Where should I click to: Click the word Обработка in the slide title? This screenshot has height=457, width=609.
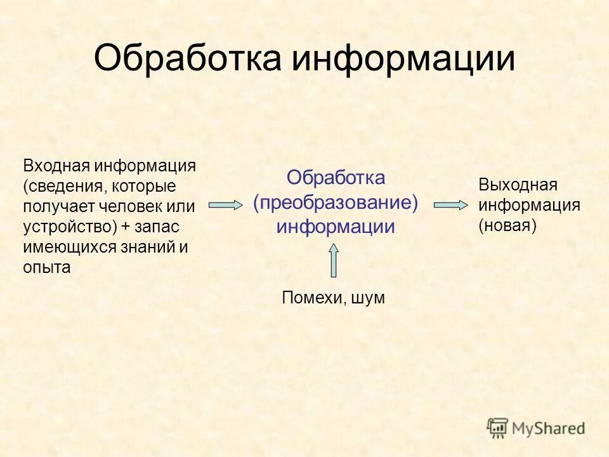pos(187,59)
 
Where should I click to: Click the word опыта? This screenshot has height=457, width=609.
pos(47,268)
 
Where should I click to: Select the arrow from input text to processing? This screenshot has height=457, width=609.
pos(225,204)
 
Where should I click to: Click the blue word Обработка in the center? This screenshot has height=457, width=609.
pos(336,178)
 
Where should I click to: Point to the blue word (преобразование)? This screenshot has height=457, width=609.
pos(336,202)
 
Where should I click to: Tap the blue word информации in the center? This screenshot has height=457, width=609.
pos(336,227)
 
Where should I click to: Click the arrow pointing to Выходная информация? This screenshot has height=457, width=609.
pos(450,204)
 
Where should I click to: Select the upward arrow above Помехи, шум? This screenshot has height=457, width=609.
pos(334,260)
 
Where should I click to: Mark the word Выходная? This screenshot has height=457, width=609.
pos(518,185)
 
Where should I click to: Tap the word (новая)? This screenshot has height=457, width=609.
pos(507,225)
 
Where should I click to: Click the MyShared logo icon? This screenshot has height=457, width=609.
pos(497,428)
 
